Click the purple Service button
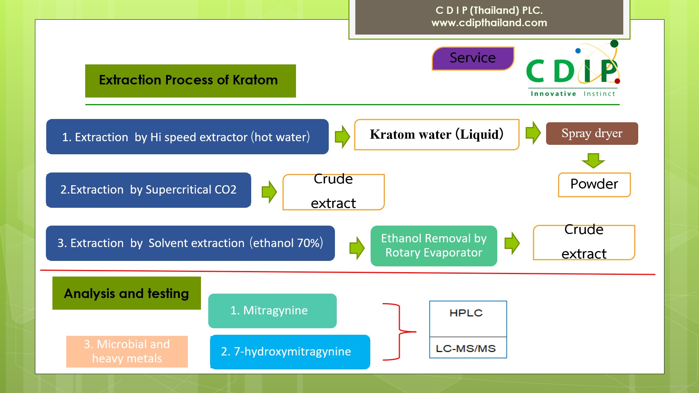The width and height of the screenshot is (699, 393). pos(473,58)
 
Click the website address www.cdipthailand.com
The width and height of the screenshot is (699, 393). pos(489,23)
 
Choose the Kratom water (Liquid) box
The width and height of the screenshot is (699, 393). pos(437,134)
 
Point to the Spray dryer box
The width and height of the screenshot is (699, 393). pos(592,134)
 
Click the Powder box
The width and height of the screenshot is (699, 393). pos(594,184)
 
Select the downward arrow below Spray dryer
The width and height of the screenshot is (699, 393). pos(593,160)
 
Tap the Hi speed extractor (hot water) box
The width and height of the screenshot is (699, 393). pos(187,136)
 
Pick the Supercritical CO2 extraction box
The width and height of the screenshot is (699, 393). pos(149,190)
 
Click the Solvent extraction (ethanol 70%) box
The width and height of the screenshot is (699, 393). pos(190,243)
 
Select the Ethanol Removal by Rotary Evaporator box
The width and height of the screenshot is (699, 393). pos(434,246)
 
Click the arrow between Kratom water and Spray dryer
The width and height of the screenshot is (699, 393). pos(533,133)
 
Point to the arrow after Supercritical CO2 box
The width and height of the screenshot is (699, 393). pos(269,192)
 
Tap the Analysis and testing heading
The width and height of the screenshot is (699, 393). pos(127,293)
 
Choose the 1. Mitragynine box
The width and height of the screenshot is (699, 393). pos(272,311)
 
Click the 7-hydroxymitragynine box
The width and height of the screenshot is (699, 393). pos(290,352)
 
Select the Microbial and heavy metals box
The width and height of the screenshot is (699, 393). pos(127,352)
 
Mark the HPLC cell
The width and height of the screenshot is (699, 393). pos(468,319)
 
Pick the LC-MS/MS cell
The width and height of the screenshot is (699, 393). pos(468,348)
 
